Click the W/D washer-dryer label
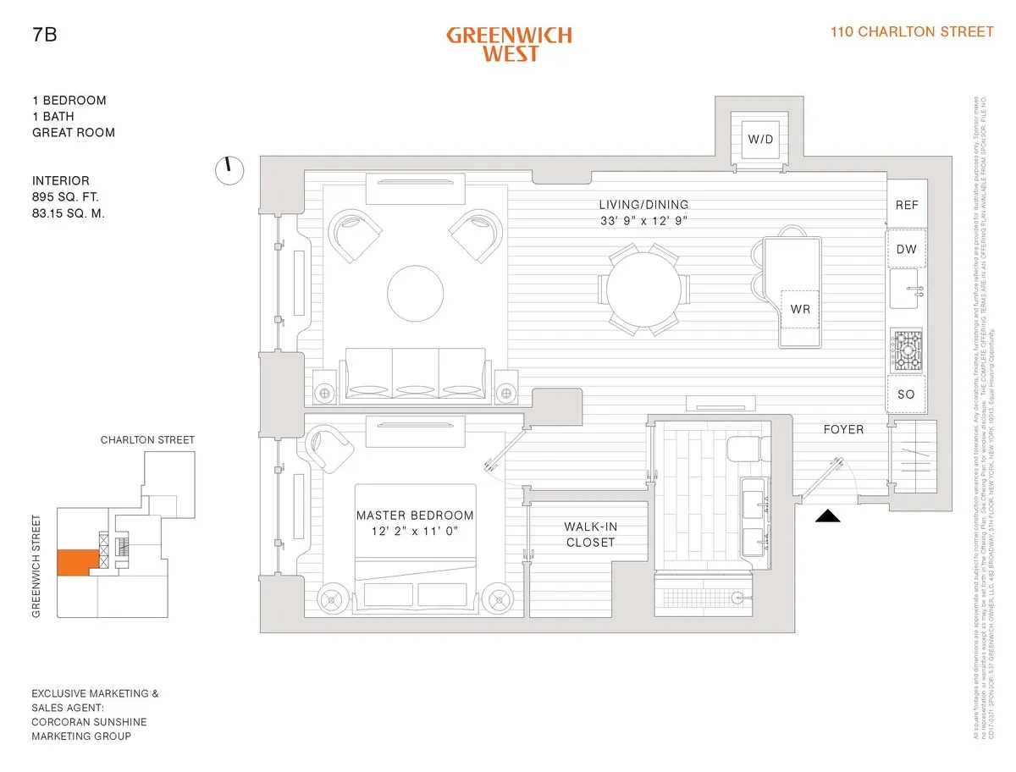[758, 139]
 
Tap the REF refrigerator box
[907, 206]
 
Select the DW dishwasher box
[907, 249]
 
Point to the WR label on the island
[800, 309]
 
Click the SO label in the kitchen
[907, 394]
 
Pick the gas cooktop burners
[907, 350]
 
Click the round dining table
[642, 289]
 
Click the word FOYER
[843, 429]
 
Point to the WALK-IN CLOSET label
[590, 534]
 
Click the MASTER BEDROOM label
[415, 516]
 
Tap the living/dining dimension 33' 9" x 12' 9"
[643, 221]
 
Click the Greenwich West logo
[509, 44]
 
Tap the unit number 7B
[44, 36]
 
